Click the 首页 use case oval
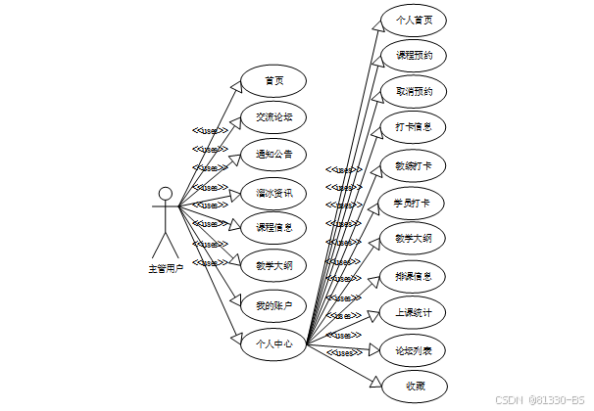click(x=273, y=80)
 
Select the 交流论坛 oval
click(x=273, y=117)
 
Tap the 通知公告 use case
click(x=273, y=155)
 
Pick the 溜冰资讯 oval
click(x=273, y=193)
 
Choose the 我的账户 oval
click(x=273, y=305)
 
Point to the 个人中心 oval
click(x=273, y=343)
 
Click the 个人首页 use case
click(x=414, y=19)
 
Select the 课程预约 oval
click(x=414, y=55)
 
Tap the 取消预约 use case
click(x=414, y=91)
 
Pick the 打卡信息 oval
click(x=414, y=128)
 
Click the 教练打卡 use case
click(x=414, y=165)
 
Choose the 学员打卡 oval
click(x=414, y=203)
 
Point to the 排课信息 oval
click(x=414, y=276)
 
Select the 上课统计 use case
click(x=414, y=313)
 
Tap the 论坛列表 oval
click(x=414, y=350)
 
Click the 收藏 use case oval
click(x=414, y=385)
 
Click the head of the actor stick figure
click(x=166, y=193)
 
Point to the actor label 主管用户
click(x=166, y=266)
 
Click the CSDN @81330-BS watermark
click(x=542, y=399)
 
